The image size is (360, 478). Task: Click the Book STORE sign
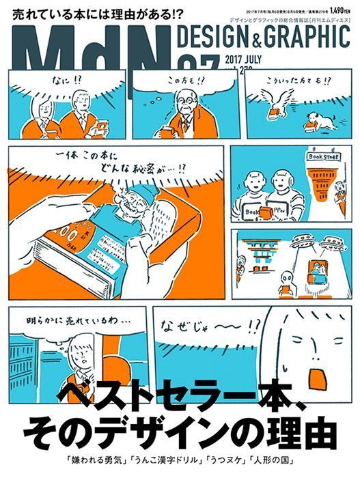coord(323,156)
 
